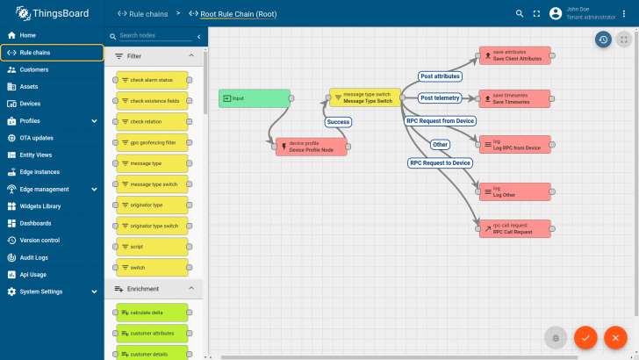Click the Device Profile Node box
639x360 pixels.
312,147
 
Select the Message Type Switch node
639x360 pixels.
365,97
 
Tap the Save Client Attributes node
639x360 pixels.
514,55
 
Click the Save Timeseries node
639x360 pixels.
514,98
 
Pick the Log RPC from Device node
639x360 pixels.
514,144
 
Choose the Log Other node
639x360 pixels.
514,191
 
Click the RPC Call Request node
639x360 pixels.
514,228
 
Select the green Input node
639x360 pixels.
255,98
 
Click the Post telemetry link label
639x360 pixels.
440,97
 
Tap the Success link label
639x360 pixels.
338,122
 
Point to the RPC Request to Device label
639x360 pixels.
441,162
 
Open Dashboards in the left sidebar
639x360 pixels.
36,223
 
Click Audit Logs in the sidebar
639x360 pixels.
34,257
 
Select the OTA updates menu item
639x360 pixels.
37,138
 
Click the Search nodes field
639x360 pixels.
154,36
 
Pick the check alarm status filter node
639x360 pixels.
153,80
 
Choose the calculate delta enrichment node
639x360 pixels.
153,313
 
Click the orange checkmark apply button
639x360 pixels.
585,337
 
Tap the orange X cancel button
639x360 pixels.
616,337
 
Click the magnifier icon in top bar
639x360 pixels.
520,13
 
